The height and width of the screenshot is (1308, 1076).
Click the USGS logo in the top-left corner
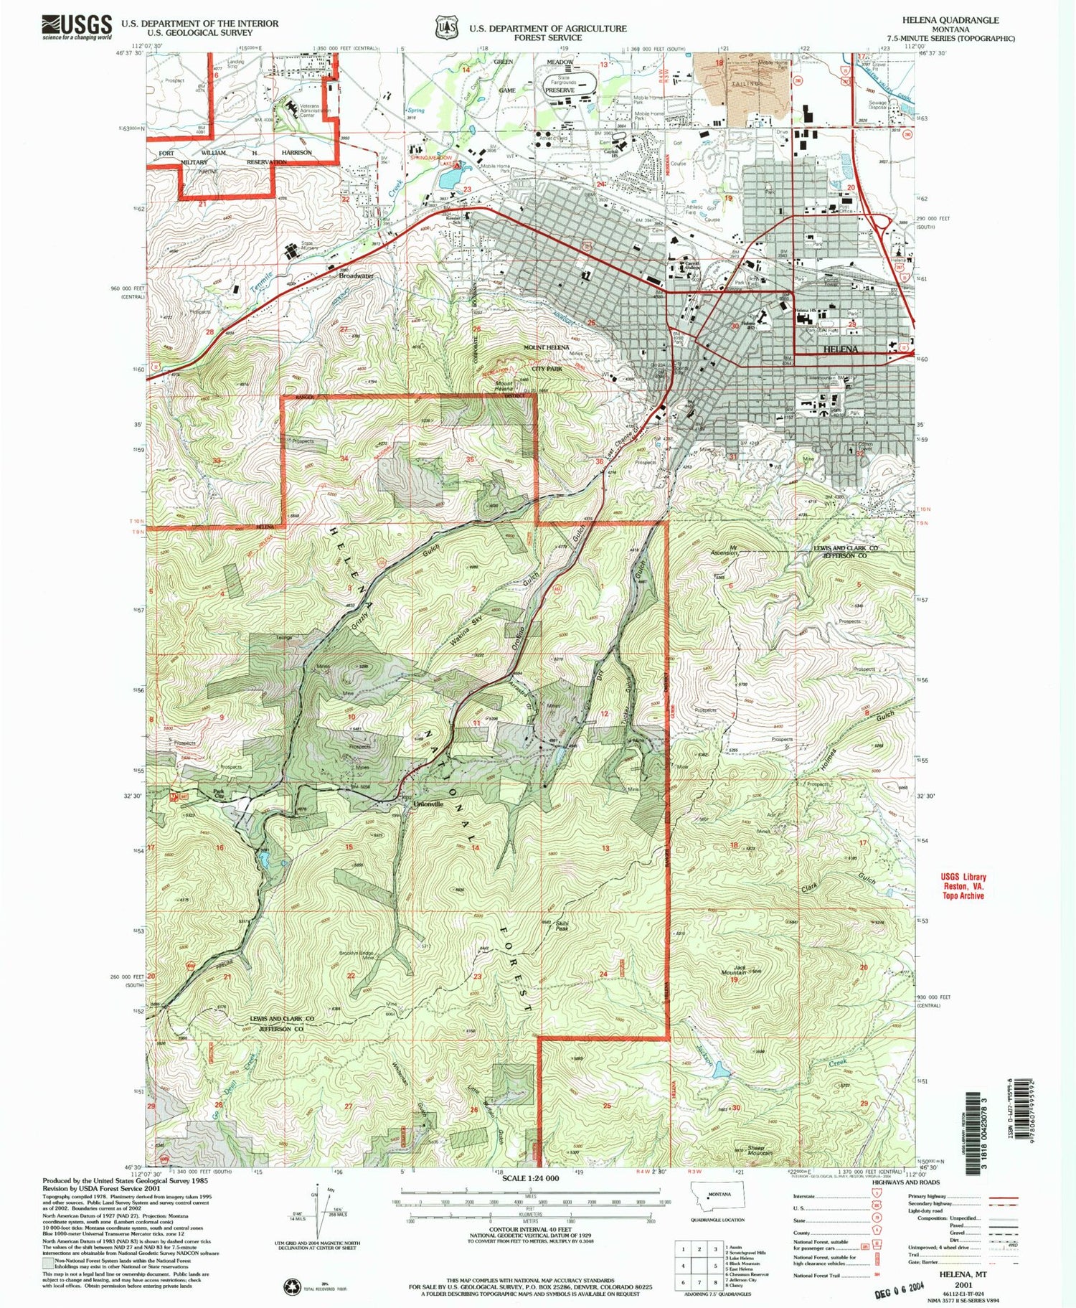77,27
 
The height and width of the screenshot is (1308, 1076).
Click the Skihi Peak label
562,926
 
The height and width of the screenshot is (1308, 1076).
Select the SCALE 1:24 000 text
530,1178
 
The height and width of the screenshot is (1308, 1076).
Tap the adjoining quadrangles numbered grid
699,1266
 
